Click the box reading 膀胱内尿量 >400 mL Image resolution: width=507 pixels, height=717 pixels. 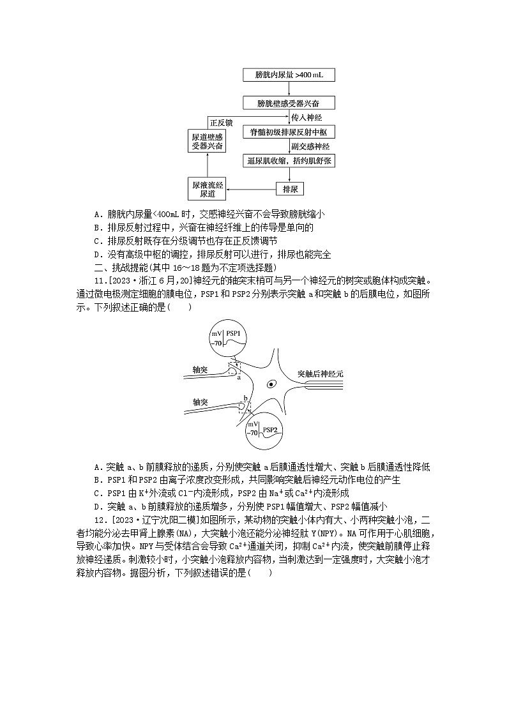(289, 75)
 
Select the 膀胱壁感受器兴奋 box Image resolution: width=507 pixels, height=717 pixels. (289, 103)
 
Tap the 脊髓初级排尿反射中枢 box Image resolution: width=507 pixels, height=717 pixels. (289, 132)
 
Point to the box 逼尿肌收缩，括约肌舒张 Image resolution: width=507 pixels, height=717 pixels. (289, 161)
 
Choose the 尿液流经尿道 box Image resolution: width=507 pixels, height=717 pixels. (208, 189)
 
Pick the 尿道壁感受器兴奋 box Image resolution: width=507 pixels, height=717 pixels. (208, 142)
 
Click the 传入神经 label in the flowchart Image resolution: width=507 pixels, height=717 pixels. (306, 117)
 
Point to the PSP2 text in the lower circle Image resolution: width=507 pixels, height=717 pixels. (269, 430)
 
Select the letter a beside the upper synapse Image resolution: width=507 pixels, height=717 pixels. (238, 377)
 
